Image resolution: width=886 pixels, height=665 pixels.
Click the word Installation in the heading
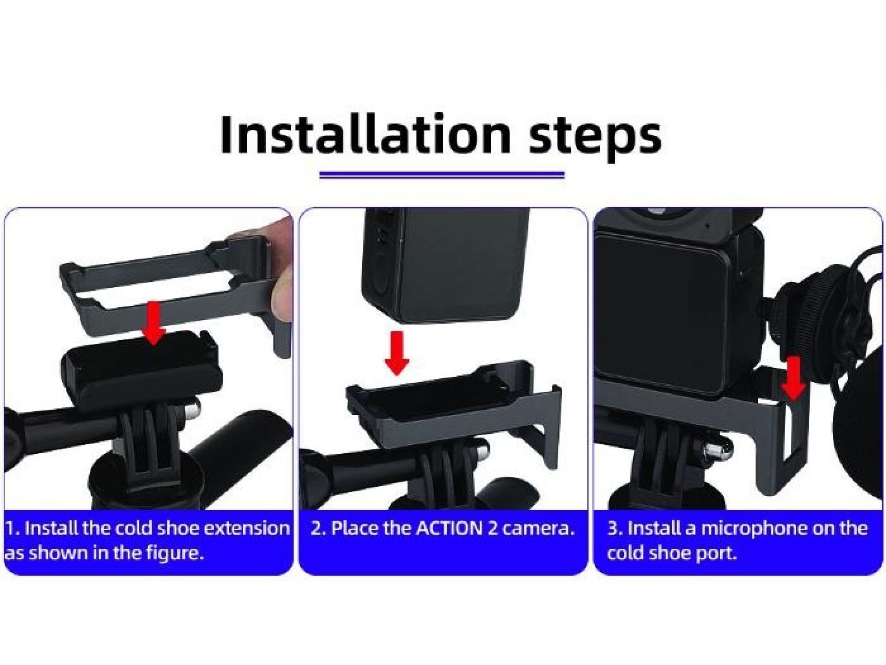[x=365, y=134]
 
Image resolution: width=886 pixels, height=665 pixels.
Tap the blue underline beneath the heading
[x=441, y=174]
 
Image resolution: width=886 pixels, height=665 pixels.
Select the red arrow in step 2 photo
[x=397, y=353]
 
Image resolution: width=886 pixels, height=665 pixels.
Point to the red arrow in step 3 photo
[x=794, y=378]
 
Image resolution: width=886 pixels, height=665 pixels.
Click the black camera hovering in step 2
[x=443, y=266]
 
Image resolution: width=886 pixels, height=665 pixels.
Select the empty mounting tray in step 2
[x=443, y=393]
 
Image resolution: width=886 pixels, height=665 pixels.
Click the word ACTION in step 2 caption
[x=449, y=528]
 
